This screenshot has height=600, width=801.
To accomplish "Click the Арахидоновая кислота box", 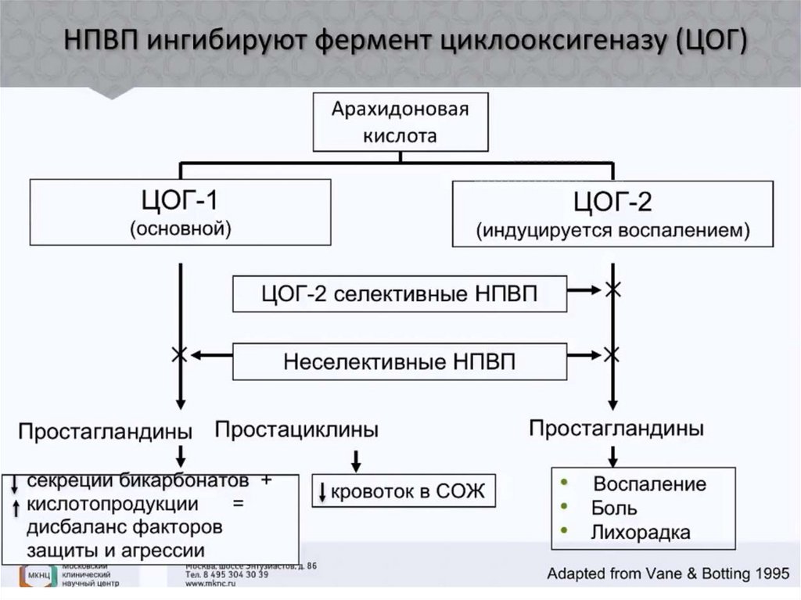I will (400, 121).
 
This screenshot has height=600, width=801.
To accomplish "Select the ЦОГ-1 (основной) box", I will (180, 212).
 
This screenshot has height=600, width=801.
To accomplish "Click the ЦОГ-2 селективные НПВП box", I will (399, 294).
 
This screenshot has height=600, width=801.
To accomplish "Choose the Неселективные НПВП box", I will (399, 362).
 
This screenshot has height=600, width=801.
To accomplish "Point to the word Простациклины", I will (296, 429).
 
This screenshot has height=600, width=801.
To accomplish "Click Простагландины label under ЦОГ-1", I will (106, 431).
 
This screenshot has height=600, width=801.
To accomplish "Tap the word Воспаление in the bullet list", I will (649, 483).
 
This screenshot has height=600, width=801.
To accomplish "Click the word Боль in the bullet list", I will (609, 508).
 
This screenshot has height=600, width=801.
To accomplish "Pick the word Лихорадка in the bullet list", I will (641, 533).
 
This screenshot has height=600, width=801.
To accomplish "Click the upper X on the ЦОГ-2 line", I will (613, 290).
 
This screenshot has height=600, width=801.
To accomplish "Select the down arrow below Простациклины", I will (357, 459).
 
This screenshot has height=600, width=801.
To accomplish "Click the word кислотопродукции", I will (112, 503).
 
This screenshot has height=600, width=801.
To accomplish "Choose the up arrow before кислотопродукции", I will (15, 506).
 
